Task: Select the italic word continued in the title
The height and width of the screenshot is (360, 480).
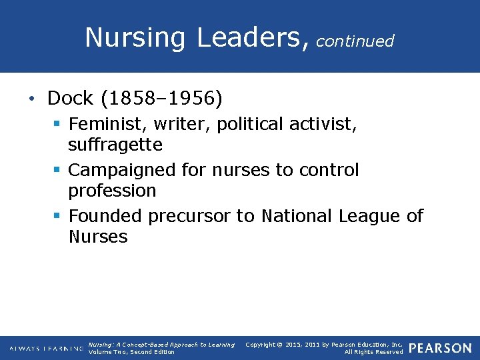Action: click(355, 41)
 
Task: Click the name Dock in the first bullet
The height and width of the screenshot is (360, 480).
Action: click(70, 99)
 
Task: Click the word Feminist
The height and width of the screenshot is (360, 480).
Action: click(106, 125)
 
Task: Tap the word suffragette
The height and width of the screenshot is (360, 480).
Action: click(115, 145)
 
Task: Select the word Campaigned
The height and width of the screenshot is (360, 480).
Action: click(124, 171)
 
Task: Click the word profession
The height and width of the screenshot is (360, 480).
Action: click(112, 191)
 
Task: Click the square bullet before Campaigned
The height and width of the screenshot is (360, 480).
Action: click(58, 171)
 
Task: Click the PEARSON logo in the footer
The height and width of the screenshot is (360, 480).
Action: click(440, 349)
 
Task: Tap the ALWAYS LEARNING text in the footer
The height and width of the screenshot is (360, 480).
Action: click(46, 349)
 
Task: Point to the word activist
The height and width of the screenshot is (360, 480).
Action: click(323, 125)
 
